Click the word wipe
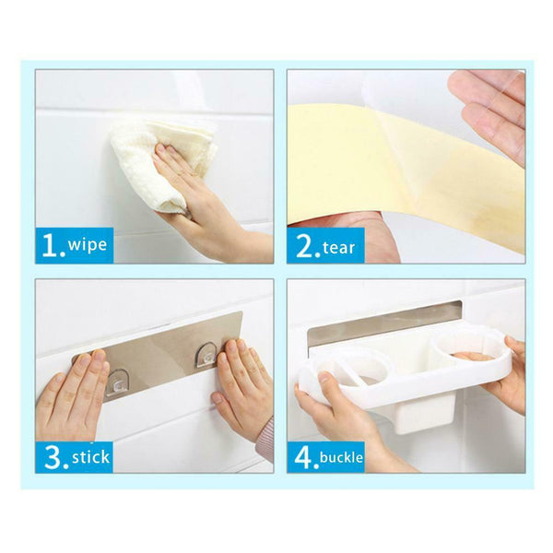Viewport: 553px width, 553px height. pos(88,244)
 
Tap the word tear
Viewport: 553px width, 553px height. pos(338,248)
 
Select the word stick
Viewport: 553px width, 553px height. pos(90,457)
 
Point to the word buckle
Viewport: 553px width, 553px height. pos(341,457)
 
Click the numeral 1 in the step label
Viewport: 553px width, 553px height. pos(51,245)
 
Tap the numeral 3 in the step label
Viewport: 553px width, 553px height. pos(53,457)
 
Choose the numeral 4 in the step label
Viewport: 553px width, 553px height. pos(304,457)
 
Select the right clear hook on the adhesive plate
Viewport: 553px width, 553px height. pos(207,355)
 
